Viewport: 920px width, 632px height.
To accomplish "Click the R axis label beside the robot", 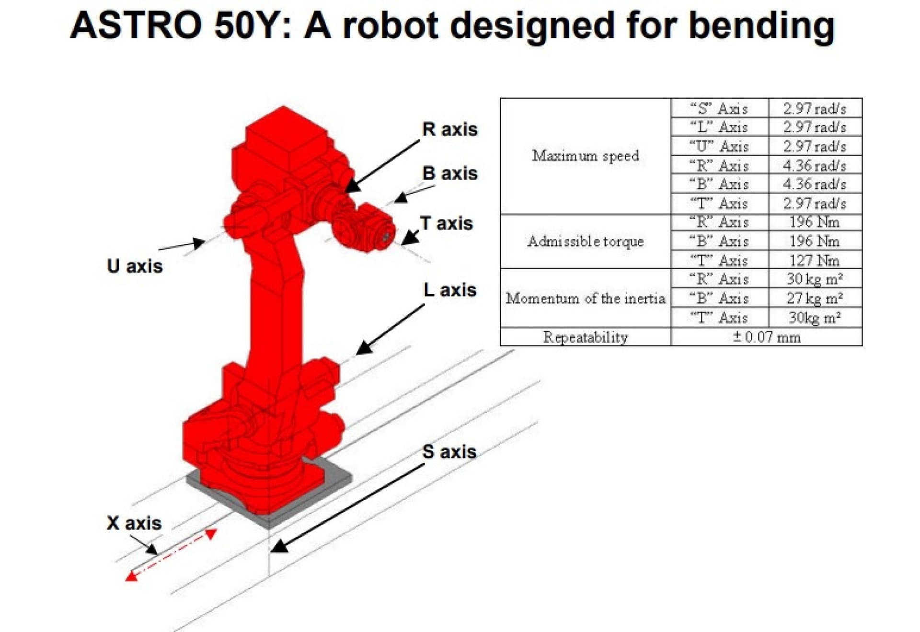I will point(449,129).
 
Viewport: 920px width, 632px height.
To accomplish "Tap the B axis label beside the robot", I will point(449,173).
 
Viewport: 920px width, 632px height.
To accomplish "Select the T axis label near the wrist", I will point(446,224).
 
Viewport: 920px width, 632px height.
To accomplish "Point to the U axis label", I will point(135,266).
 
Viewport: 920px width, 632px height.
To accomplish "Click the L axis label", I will point(449,290).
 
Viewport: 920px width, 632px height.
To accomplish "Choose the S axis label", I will point(449,452).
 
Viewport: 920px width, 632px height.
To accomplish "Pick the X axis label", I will point(134,523).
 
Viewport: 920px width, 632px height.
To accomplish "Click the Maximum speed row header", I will point(585,156).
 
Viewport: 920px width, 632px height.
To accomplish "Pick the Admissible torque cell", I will point(585,241).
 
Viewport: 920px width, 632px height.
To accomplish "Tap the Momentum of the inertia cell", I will point(585,299).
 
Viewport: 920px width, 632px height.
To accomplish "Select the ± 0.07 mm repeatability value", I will point(766,337).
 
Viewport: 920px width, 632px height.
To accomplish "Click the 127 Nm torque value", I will point(814,260).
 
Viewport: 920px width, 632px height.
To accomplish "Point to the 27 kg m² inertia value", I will point(814,298).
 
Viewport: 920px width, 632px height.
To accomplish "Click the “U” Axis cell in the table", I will point(719,146).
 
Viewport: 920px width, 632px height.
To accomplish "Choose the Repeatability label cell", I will point(585,337).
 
